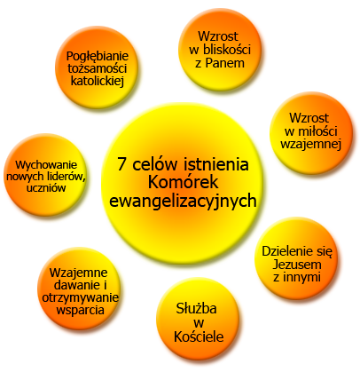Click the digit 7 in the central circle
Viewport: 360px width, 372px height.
(122, 164)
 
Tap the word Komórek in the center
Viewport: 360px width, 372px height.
(183, 182)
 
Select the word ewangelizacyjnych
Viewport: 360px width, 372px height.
(183, 202)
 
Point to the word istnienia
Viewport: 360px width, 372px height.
(216, 164)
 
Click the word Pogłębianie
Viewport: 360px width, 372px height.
(98, 57)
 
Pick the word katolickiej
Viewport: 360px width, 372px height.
(98, 81)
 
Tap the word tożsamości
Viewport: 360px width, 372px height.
(98, 68)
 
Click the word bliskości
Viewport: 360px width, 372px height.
(227, 50)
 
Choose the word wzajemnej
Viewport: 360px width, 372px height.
(310, 144)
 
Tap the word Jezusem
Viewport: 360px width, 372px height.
(297, 265)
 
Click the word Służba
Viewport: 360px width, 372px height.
(197, 308)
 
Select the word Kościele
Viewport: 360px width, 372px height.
(199, 336)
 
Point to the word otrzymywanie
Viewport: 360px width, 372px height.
(80, 297)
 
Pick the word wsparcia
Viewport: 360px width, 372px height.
(80, 310)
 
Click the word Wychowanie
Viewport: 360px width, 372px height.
(46, 165)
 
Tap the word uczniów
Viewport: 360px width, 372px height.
(46, 187)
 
